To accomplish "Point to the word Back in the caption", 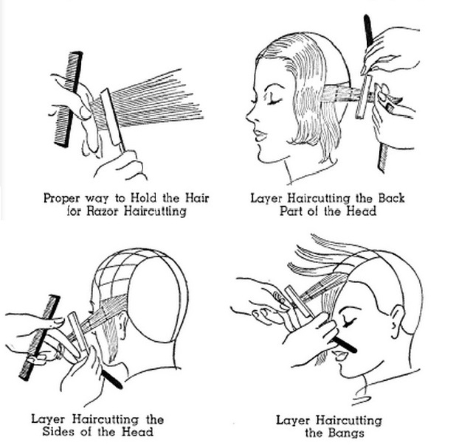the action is pyautogui.click(x=391, y=198).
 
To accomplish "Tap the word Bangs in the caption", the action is pyautogui.click(x=346, y=432).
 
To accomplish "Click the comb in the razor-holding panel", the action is pyautogui.click(x=69, y=99).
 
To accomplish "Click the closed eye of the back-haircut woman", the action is pyautogui.click(x=275, y=102).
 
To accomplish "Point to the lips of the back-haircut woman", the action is pyautogui.click(x=260, y=135).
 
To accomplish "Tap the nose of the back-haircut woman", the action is pyautogui.click(x=249, y=116).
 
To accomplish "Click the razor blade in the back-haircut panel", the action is pyautogui.click(x=364, y=97).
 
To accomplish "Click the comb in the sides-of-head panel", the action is pyautogui.click(x=38, y=338).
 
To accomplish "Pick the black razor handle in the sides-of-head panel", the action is pyautogui.click(x=111, y=379).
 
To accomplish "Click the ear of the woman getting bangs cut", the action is pyautogui.click(x=397, y=319).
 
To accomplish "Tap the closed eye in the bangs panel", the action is pyautogui.click(x=348, y=323).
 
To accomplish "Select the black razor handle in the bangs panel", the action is pyautogui.click(x=344, y=345).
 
